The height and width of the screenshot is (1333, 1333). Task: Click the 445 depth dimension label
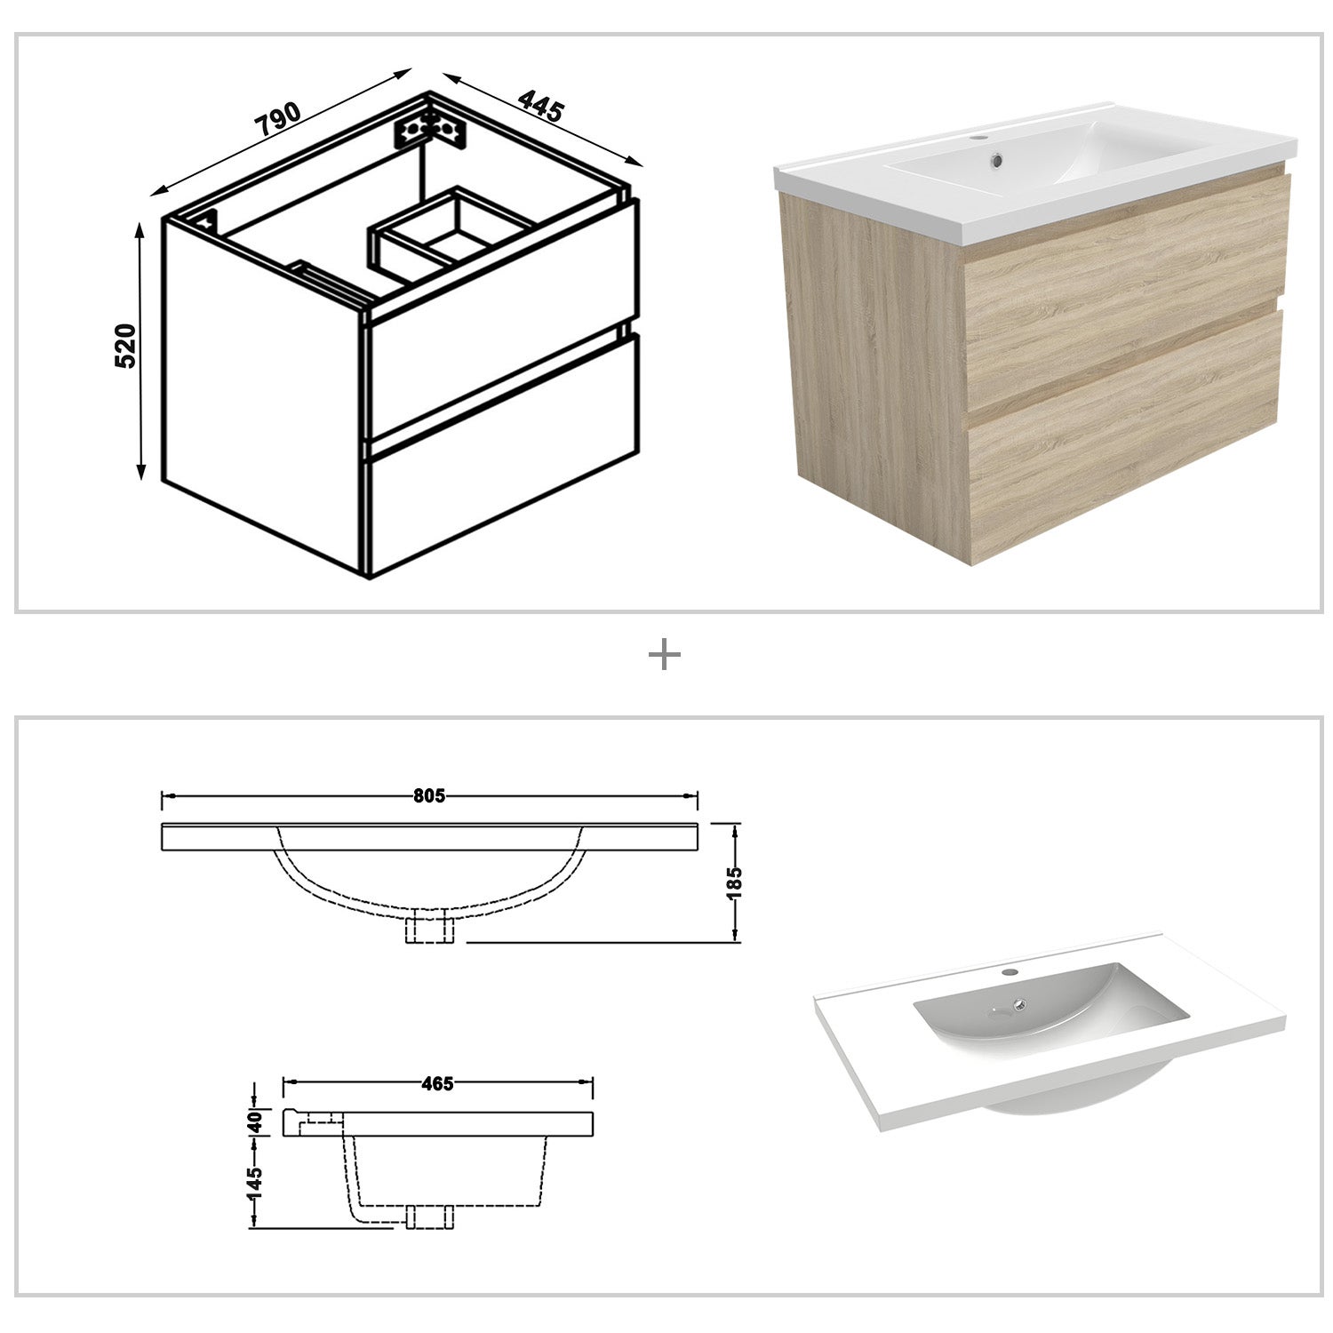click(x=541, y=106)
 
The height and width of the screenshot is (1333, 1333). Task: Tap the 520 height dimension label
click(x=125, y=347)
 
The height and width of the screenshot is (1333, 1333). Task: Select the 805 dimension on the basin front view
click(x=428, y=796)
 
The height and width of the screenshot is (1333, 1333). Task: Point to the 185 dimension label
click(x=734, y=883)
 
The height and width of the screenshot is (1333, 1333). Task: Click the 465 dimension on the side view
click(x=437, y=1083)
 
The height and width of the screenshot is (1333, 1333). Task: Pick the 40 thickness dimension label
click(x=254, y=1121)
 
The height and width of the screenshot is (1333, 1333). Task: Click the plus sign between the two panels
click(x=665, y=656)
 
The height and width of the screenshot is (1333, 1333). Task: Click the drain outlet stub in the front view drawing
click(x=429, y=929)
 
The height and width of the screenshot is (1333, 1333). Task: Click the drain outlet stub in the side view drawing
click(x=429, y=1217)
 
